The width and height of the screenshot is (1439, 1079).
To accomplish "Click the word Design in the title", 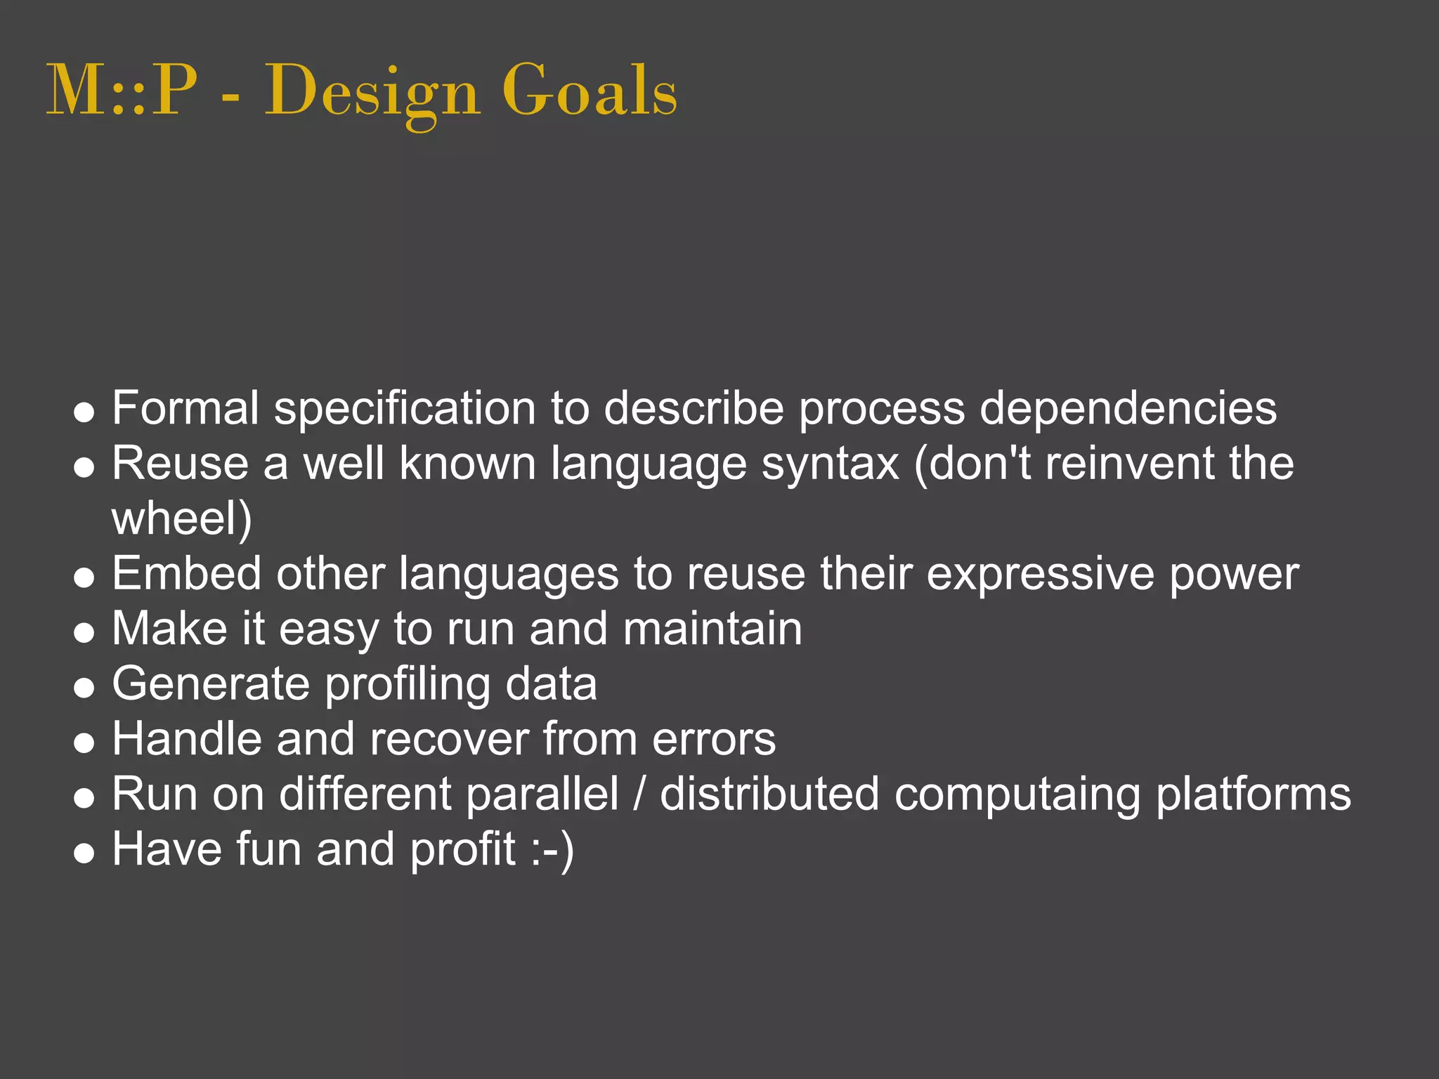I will [372, 91].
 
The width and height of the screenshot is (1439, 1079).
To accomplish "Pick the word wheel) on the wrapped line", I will [181, 518].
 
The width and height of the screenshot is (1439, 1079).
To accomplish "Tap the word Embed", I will [186, 573].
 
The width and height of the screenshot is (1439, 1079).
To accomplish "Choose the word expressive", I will [1040, 575].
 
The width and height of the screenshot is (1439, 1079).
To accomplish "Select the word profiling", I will [407, 685].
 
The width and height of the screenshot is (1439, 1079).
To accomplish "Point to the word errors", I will [714, 739].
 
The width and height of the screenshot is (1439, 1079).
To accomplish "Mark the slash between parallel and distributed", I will [639, 794].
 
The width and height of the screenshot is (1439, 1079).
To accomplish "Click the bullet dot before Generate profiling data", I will [84, 687].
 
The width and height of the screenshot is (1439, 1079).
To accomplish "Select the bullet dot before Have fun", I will [84, 853].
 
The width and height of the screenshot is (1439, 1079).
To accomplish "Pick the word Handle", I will [187, 739].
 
